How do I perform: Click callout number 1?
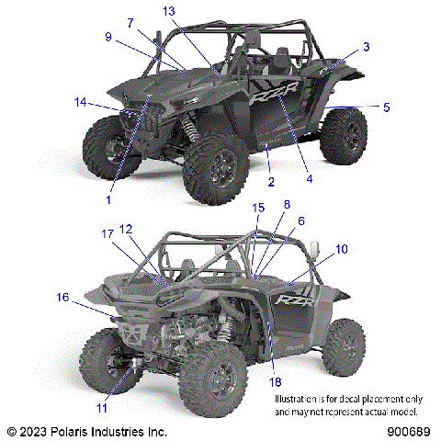[108, 198]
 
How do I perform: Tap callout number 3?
[366, 46]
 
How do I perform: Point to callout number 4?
[309, 178]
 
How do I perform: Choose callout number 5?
[386, 107]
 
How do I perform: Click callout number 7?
[130, 22]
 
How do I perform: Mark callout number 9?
[108, 37]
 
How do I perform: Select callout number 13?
[168, 10]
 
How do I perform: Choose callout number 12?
[126, 229]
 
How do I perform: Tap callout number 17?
[107, 233]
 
